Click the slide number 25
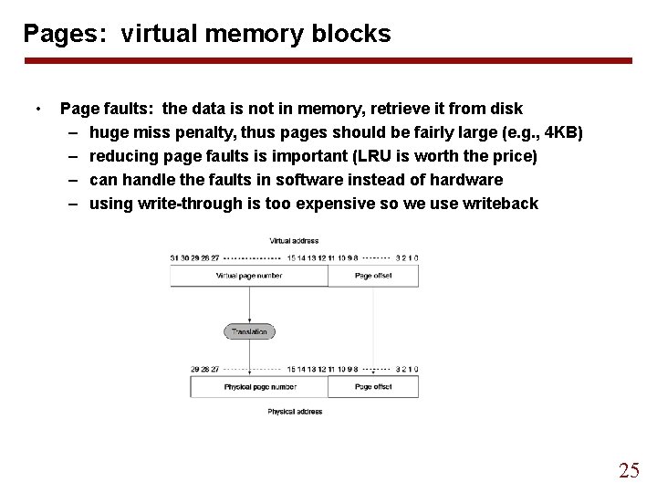tap(629, 471)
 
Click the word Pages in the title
tap(57, 35)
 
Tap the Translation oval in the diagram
tap(248, 331)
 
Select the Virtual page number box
tap(248, 275)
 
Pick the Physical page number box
tap(259, 386)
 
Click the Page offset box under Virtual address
tap(373, 275)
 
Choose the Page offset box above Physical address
tap(373, 386)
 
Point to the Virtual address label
tap(293, 241)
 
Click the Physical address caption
tap(294, 412)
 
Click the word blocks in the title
tap(353, 35)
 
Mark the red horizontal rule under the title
tap(328, 61)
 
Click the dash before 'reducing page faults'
tap(72, 156)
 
